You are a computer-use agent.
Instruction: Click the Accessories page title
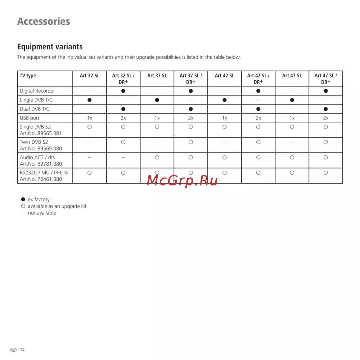click(44, 21)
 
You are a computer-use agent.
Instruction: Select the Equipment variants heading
click(50, 47)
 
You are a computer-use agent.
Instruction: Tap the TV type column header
click(28, 76)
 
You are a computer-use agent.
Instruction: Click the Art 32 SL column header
click(90, 76)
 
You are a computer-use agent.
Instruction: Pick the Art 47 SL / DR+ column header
click(325, 78)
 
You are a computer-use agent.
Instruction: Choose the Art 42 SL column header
click(224, 76)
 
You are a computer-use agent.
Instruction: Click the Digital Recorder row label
click(37, 91)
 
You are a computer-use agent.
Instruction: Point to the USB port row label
click(30, 118)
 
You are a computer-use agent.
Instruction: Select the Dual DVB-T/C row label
click(35, 109)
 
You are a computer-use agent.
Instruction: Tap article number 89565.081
click(41, 133)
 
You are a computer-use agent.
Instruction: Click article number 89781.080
click(41, 164)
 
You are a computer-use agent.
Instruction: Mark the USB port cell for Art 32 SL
click(90, 118)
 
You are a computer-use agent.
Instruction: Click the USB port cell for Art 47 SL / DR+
click(325, 118)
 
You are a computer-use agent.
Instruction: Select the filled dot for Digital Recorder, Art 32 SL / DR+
click(123, 91)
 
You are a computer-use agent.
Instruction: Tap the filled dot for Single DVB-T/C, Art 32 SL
click(90, 100)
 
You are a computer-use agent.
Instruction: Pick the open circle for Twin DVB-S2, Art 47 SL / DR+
click(325, 142)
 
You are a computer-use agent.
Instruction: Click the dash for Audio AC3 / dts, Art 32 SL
click(90, 157)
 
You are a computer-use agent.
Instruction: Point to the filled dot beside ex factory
click(23, 199)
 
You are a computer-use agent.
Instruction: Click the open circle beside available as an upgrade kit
click(23, 206)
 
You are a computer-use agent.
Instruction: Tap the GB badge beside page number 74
click(13, 350)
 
